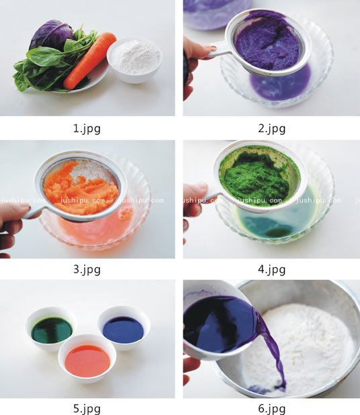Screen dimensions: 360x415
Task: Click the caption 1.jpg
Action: pyautogui.click(x=87, y=129)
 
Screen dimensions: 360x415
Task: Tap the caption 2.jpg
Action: pyautogui.click(x=272, y=129)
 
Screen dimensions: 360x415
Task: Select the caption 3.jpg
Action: pyautogui.click(x=87, y=269)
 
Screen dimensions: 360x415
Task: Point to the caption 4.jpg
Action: pyautogui.click(x=272, y=269)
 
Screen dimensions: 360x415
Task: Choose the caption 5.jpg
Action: pyautogui.click(x=87, y=409)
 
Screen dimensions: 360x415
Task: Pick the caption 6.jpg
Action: pyautogui.click(x=272, y=409)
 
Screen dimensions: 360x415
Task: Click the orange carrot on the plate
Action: pyautogui.click(x=89, y=60)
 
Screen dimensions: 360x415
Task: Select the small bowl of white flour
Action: pyautogui.click(x=134, y=60)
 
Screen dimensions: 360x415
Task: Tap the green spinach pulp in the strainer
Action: pyautogui.click(x=255, y=175)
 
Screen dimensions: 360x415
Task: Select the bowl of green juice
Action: pyautogui.click(x=52, y=329)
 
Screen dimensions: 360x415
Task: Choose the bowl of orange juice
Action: pyautogui.click(x=87, y=359)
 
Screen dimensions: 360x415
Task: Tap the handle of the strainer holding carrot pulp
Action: pyautogui.click(x=32, y=212)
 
